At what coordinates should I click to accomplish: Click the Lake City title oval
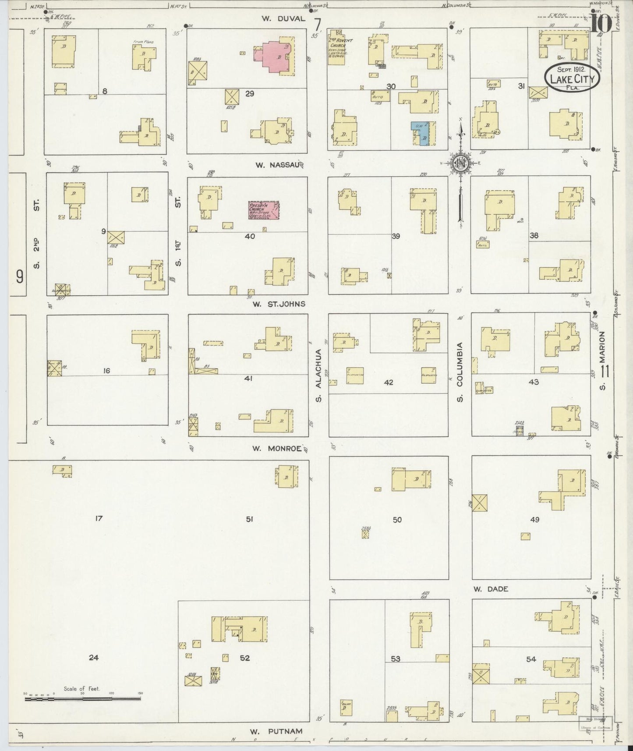pos(572,78)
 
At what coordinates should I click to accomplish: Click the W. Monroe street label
pos(278,448)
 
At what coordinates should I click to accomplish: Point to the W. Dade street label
pos(490,589)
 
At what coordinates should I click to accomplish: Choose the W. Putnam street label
pos(276,731)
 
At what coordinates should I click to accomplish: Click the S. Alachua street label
pos(319,375)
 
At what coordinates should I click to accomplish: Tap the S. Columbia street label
pos(460,370)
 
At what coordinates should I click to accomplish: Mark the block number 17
pos(99,518)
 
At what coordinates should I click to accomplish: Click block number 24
pos(94,657)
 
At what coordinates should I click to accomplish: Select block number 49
pos(534,520)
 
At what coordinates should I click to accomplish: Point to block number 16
pos(106,371)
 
